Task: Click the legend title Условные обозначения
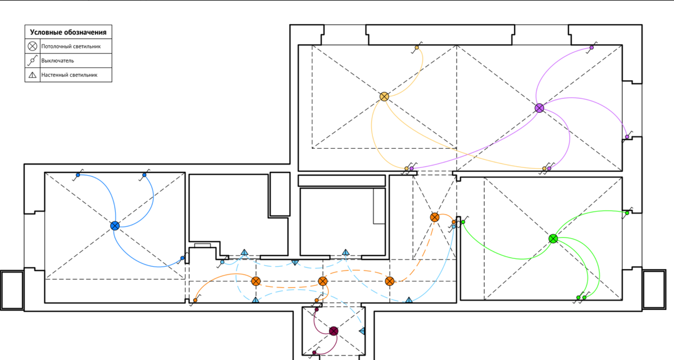[68, 32]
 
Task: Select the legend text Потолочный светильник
[71, 46]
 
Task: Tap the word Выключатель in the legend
[57, 61]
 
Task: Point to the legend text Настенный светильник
[69, 75]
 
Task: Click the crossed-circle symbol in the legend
[33, 46]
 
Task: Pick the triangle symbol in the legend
[33, 75]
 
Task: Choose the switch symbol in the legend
[33, 60]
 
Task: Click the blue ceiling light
[115, 226]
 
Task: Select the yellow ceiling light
[384, 97]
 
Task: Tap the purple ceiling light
[540, 108]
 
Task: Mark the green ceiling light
[553, 239]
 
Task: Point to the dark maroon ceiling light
[334, 331]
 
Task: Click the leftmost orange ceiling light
[256, 281]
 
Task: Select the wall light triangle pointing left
[362, 331]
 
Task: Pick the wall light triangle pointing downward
[295, 263]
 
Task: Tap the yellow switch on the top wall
[417, 48]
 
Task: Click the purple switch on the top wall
[591, 48]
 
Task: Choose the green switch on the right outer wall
[627, 213]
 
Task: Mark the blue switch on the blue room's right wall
[183, 258]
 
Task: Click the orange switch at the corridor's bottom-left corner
[195, 300]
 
